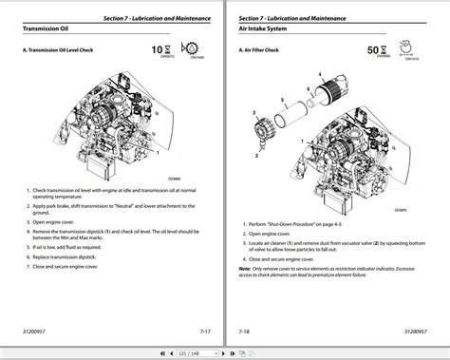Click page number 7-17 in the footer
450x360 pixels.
(204, 332)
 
